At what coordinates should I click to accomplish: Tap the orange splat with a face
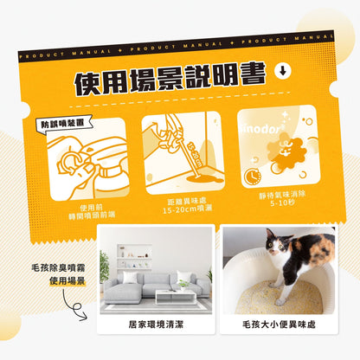tap(279, 157)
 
